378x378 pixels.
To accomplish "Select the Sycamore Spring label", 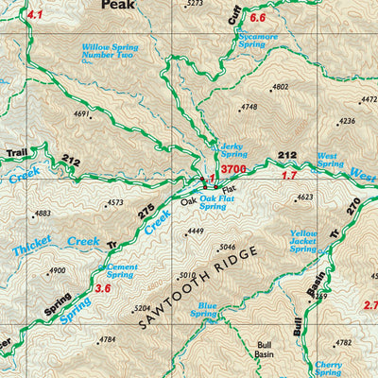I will (258, 39).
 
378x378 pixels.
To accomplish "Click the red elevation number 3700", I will (233, 169).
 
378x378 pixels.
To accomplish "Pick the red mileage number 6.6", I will (258, 18).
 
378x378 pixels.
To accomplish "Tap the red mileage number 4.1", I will (35, 15).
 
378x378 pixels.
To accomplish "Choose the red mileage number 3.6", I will (103, 288).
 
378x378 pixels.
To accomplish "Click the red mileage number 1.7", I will (289, 176).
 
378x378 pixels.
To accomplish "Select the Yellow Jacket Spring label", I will (303, 240).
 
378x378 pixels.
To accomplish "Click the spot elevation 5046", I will (226, 248).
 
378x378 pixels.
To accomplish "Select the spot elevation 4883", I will (43, 214).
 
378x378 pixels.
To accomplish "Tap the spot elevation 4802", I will (280, 87).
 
